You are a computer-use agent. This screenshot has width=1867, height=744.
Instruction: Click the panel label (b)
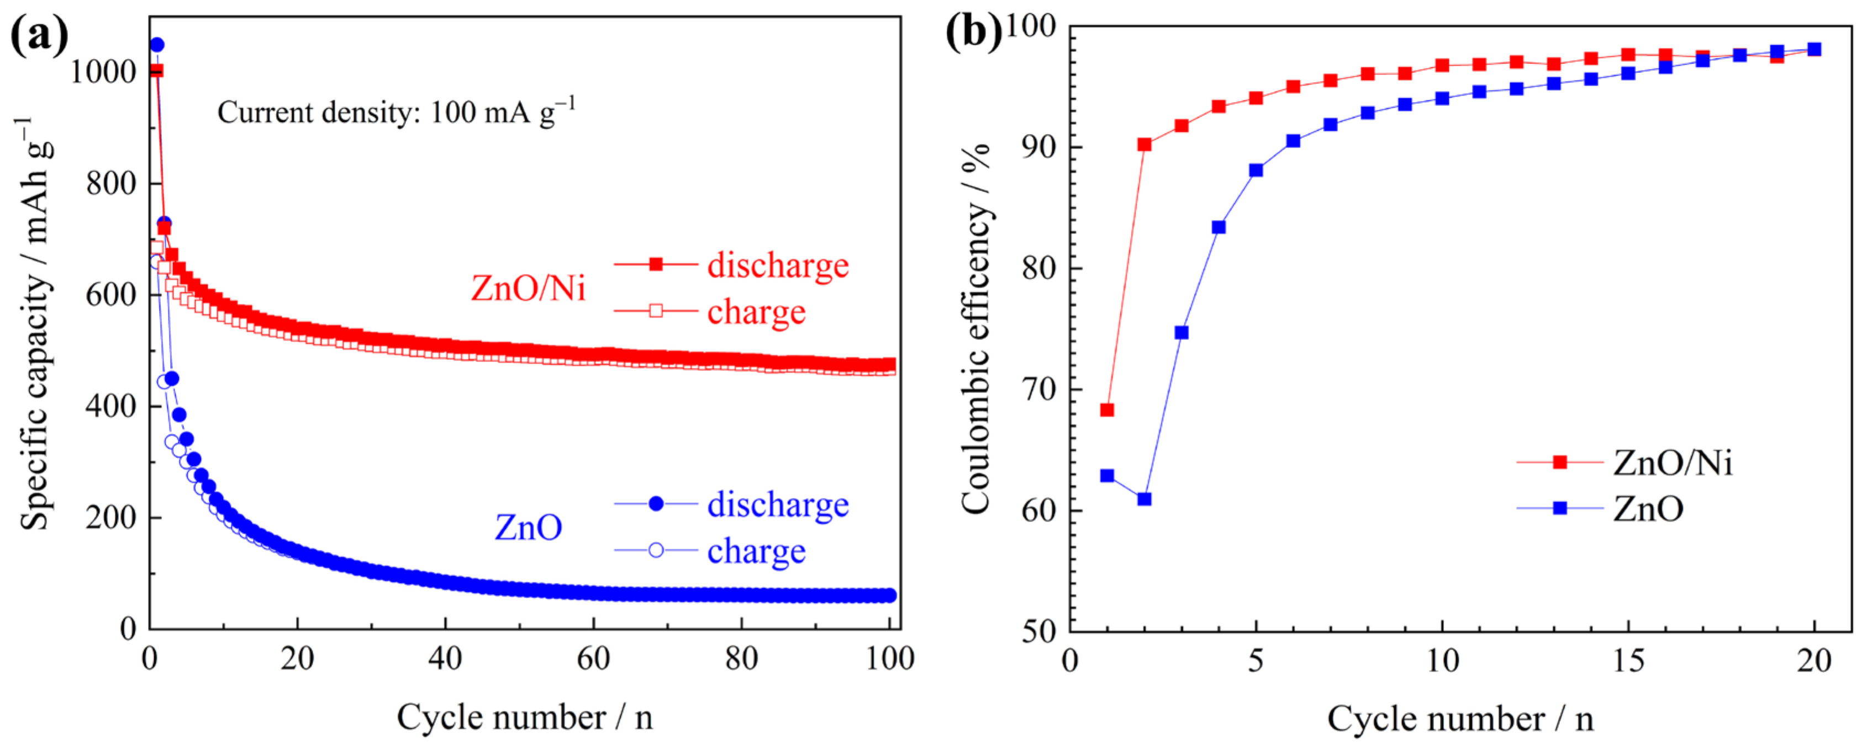[973, 32]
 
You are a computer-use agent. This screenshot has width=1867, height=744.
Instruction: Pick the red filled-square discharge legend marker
[655, 264]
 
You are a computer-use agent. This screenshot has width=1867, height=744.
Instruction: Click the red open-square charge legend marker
[655, 311]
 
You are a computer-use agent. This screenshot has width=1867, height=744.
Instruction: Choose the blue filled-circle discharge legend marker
[655, 503]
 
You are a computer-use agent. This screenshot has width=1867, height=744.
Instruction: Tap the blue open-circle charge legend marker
[655, 551]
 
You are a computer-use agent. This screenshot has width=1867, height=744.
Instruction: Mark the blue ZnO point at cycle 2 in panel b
[1145, 499]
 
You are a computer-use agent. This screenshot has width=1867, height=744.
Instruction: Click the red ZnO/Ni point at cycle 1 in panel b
[1107, 410]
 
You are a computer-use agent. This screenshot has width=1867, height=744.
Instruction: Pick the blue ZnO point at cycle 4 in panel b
[1219, 227]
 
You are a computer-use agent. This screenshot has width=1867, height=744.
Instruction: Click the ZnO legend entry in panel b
[1647, 508]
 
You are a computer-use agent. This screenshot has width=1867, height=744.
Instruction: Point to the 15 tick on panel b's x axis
[1628, 660]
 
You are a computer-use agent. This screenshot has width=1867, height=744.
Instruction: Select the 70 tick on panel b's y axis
[1038, 390]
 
